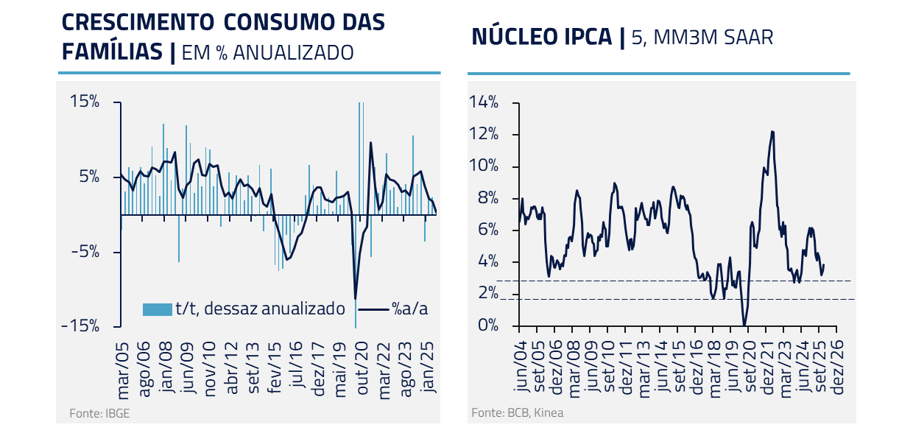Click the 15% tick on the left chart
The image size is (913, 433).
click(85, 102)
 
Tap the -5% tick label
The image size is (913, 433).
click(85, 252)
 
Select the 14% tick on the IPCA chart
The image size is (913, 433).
click(484, 102)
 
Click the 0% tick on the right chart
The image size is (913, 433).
click(487, 325)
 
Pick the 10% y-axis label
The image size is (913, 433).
click(484, 166)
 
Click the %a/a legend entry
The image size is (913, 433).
click(410, 309)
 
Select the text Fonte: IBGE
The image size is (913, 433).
click(94, 413)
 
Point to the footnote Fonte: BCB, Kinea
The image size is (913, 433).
click(517, 412)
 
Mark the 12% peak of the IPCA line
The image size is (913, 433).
click(772, 132)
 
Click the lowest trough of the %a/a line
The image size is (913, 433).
click(356, 298)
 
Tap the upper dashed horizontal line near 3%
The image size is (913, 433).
click(663, 281)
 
